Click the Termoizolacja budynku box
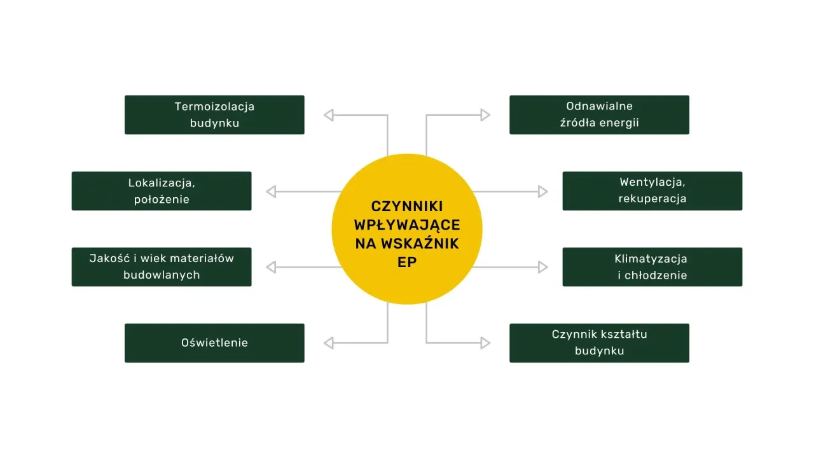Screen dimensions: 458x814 (214, 114)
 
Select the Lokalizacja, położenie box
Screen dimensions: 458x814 (162, 191)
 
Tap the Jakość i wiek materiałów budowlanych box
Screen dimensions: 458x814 (162, 267)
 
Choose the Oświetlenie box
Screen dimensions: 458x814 (214, 343)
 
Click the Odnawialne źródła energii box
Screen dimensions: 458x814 (599, 114)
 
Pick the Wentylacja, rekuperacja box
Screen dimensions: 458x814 (652, 191)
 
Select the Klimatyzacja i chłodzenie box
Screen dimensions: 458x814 (652, 267)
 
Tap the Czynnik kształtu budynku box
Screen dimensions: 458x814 (599, 343)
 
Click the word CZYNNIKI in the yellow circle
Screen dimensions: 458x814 (407, 207)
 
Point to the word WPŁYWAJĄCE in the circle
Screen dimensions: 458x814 (407, 225)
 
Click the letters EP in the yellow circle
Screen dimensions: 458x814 (407, 261)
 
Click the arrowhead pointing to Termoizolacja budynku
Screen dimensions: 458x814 (329, 115)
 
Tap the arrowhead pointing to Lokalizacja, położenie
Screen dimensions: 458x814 (271, 191)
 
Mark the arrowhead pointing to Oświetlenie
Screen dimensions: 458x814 (329, 343)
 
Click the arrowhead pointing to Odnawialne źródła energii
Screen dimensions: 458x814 (485, 115)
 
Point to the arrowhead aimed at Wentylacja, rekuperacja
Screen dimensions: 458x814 (542, 191)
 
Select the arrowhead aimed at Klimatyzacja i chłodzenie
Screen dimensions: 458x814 (542, 267)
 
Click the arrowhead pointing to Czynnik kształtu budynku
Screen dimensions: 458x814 (485, 343)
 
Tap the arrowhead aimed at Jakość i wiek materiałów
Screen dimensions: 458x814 (271, 267)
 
